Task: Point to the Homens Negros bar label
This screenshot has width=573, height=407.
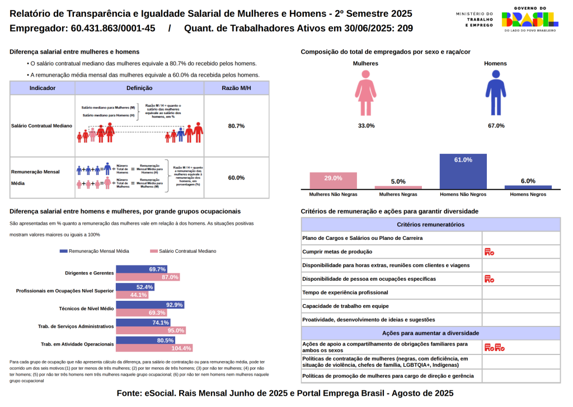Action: (x=528, y=195)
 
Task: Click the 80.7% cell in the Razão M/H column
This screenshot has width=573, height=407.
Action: (x=236, y=126)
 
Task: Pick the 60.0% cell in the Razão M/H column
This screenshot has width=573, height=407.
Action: (x=236, y=178)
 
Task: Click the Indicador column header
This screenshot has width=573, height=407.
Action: (x=43, y=88)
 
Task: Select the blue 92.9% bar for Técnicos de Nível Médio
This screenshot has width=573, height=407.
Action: (x=149, y=305)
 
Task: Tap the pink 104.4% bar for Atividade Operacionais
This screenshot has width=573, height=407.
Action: (x=154, y=348)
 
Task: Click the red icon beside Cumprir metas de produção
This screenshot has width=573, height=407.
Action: (x=489, y=252)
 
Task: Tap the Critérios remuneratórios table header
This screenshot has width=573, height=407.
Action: (x=430, y=224)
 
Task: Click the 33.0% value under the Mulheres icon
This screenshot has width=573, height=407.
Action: (x=366, y=126)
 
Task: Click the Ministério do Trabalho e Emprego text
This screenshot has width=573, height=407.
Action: (x=475, y=20)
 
